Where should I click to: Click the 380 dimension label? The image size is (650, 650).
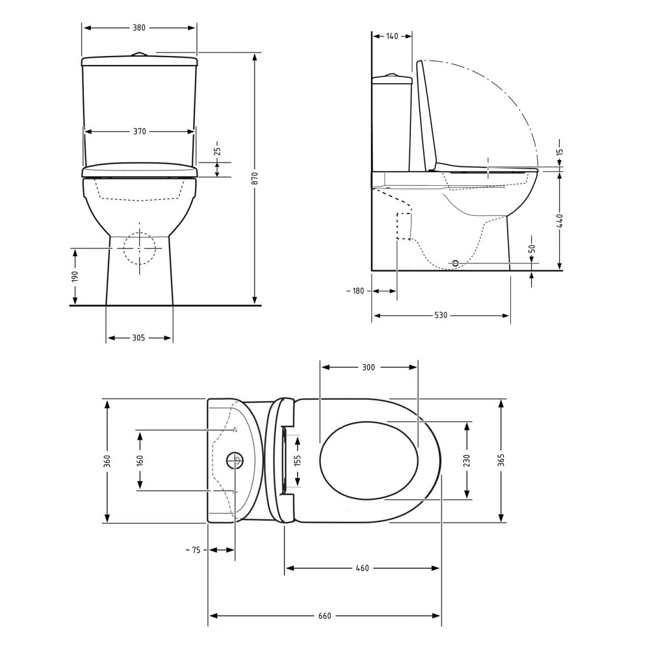pos(139,28)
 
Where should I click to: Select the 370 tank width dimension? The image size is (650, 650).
pos(140,131)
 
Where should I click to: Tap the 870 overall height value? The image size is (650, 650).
pos(255,178)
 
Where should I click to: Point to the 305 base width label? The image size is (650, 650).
pos(139,338)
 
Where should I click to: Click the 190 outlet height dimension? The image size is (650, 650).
pos(75,277)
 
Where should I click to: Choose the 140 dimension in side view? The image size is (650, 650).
pos(392,36)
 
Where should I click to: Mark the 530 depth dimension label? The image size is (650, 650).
pos(441,315)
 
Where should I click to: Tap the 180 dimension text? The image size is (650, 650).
pos(357,291)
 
